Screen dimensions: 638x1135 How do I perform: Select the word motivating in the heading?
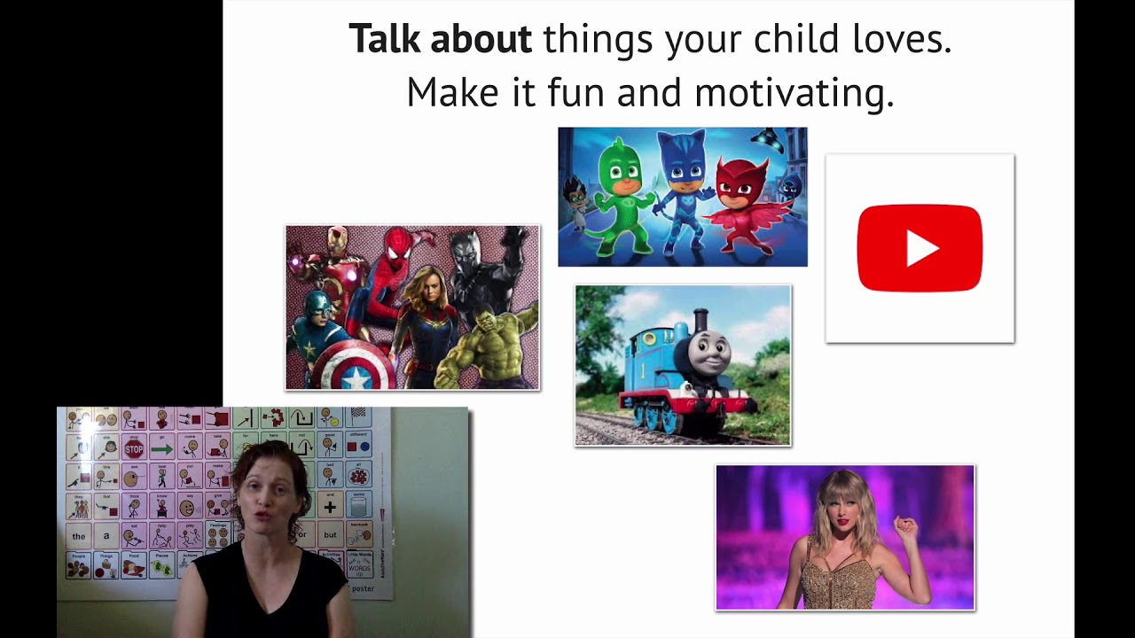(794, 92)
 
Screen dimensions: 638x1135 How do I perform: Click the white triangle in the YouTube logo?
(922, 249)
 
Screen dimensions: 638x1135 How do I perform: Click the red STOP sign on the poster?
(134, 449)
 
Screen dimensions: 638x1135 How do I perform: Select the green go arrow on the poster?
(161, 449)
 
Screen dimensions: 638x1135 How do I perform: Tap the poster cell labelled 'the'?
(79, 536)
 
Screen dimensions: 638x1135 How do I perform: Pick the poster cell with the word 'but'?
(331, 535)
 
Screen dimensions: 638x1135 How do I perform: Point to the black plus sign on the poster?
(330, 507)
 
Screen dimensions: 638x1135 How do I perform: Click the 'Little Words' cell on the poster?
(359, 564)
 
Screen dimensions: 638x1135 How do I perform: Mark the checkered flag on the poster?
(358, 414)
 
